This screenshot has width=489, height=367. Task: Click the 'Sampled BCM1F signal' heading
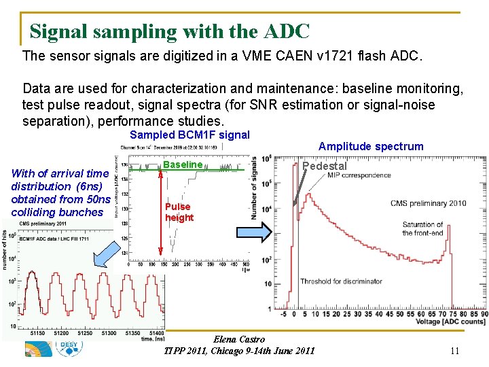(x=189, y=135)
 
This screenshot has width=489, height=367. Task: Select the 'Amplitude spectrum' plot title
(x=371, y=146)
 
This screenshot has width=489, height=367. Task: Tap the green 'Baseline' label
(x=183, y=164)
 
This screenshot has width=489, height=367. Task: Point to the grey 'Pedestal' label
(x=324, y=167)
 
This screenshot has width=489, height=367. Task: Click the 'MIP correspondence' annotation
(x=359, y=175)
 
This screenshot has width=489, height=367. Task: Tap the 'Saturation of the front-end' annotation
(x=422, y=228)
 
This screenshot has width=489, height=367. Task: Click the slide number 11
(x=455, y=351)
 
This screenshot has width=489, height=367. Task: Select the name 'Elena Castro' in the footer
(x=239, y=339)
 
